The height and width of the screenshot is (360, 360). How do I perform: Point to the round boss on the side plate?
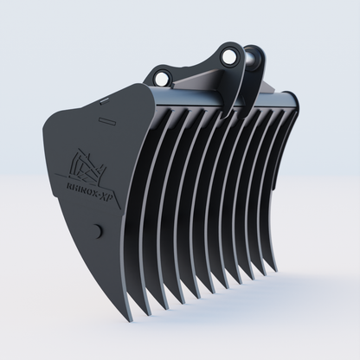[97, 231]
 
